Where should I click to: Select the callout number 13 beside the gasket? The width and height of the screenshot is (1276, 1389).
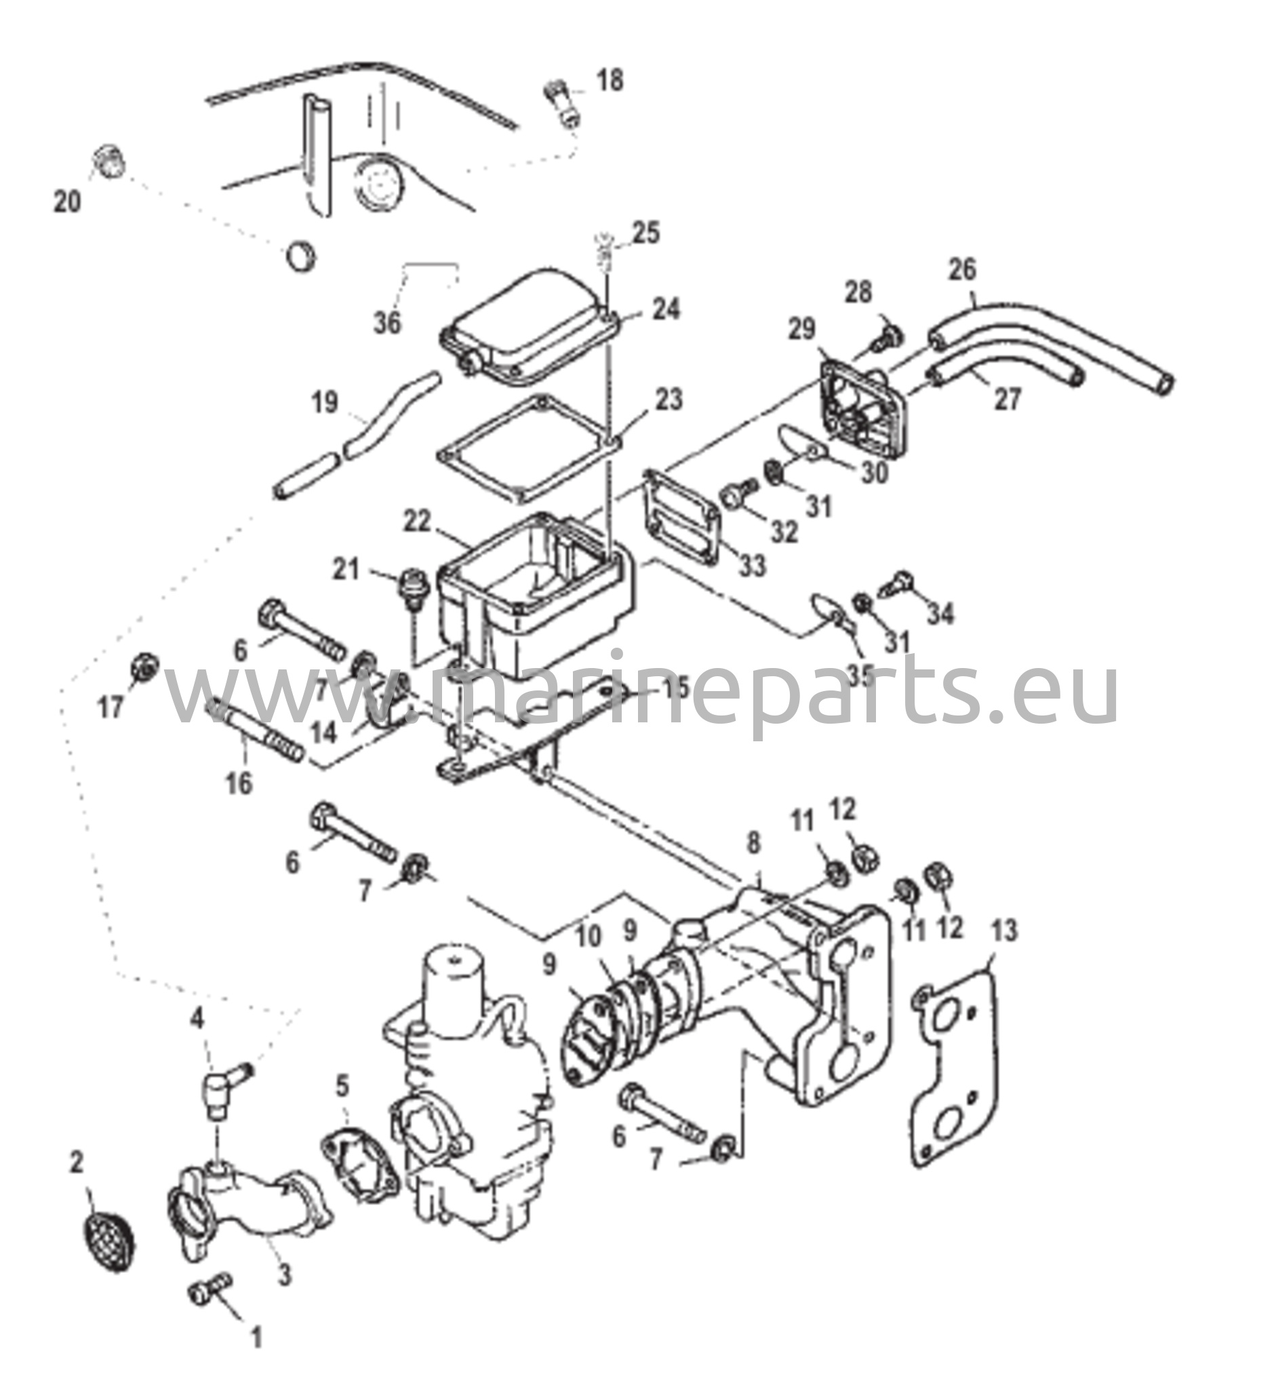pos(1004,931)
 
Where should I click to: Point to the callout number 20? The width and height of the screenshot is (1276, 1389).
pos(68,201)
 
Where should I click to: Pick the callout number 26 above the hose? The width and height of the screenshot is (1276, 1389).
pos(963,269)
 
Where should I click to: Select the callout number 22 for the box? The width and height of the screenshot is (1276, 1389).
pos(417,520)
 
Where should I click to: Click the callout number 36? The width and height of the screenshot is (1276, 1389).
pos(387,322)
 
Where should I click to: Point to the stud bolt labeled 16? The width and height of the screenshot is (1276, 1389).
pos(255,730)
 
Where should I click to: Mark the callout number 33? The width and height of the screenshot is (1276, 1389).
pos(753,566)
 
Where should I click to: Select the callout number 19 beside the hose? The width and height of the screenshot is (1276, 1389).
pos(324,402)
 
